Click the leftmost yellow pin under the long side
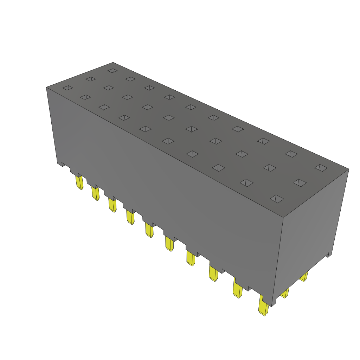pyautogui.click(x=79, y=182)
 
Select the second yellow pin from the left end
pyautogui.click(x=96, y=193)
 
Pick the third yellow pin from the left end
pyautogui.click(x=112, y=205)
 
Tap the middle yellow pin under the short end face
pyautogui.click(x=285, y=292)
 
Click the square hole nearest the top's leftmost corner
pyautogui.click(x=67, y=88)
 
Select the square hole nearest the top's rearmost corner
pyautogui.click(x=112, y=71)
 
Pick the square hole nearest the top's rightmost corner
pyautogui.click(x=321, y=168)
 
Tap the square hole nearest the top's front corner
pyautogui.click(x=277, y=199)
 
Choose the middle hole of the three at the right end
pyautogui.click(x=300, y=182)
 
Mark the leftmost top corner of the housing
pyautogui.click(x=46, y=87)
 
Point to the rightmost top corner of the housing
pyautogui.click(x=349, y=169)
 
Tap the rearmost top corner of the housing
pyautogui.click(x=113, y=63)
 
